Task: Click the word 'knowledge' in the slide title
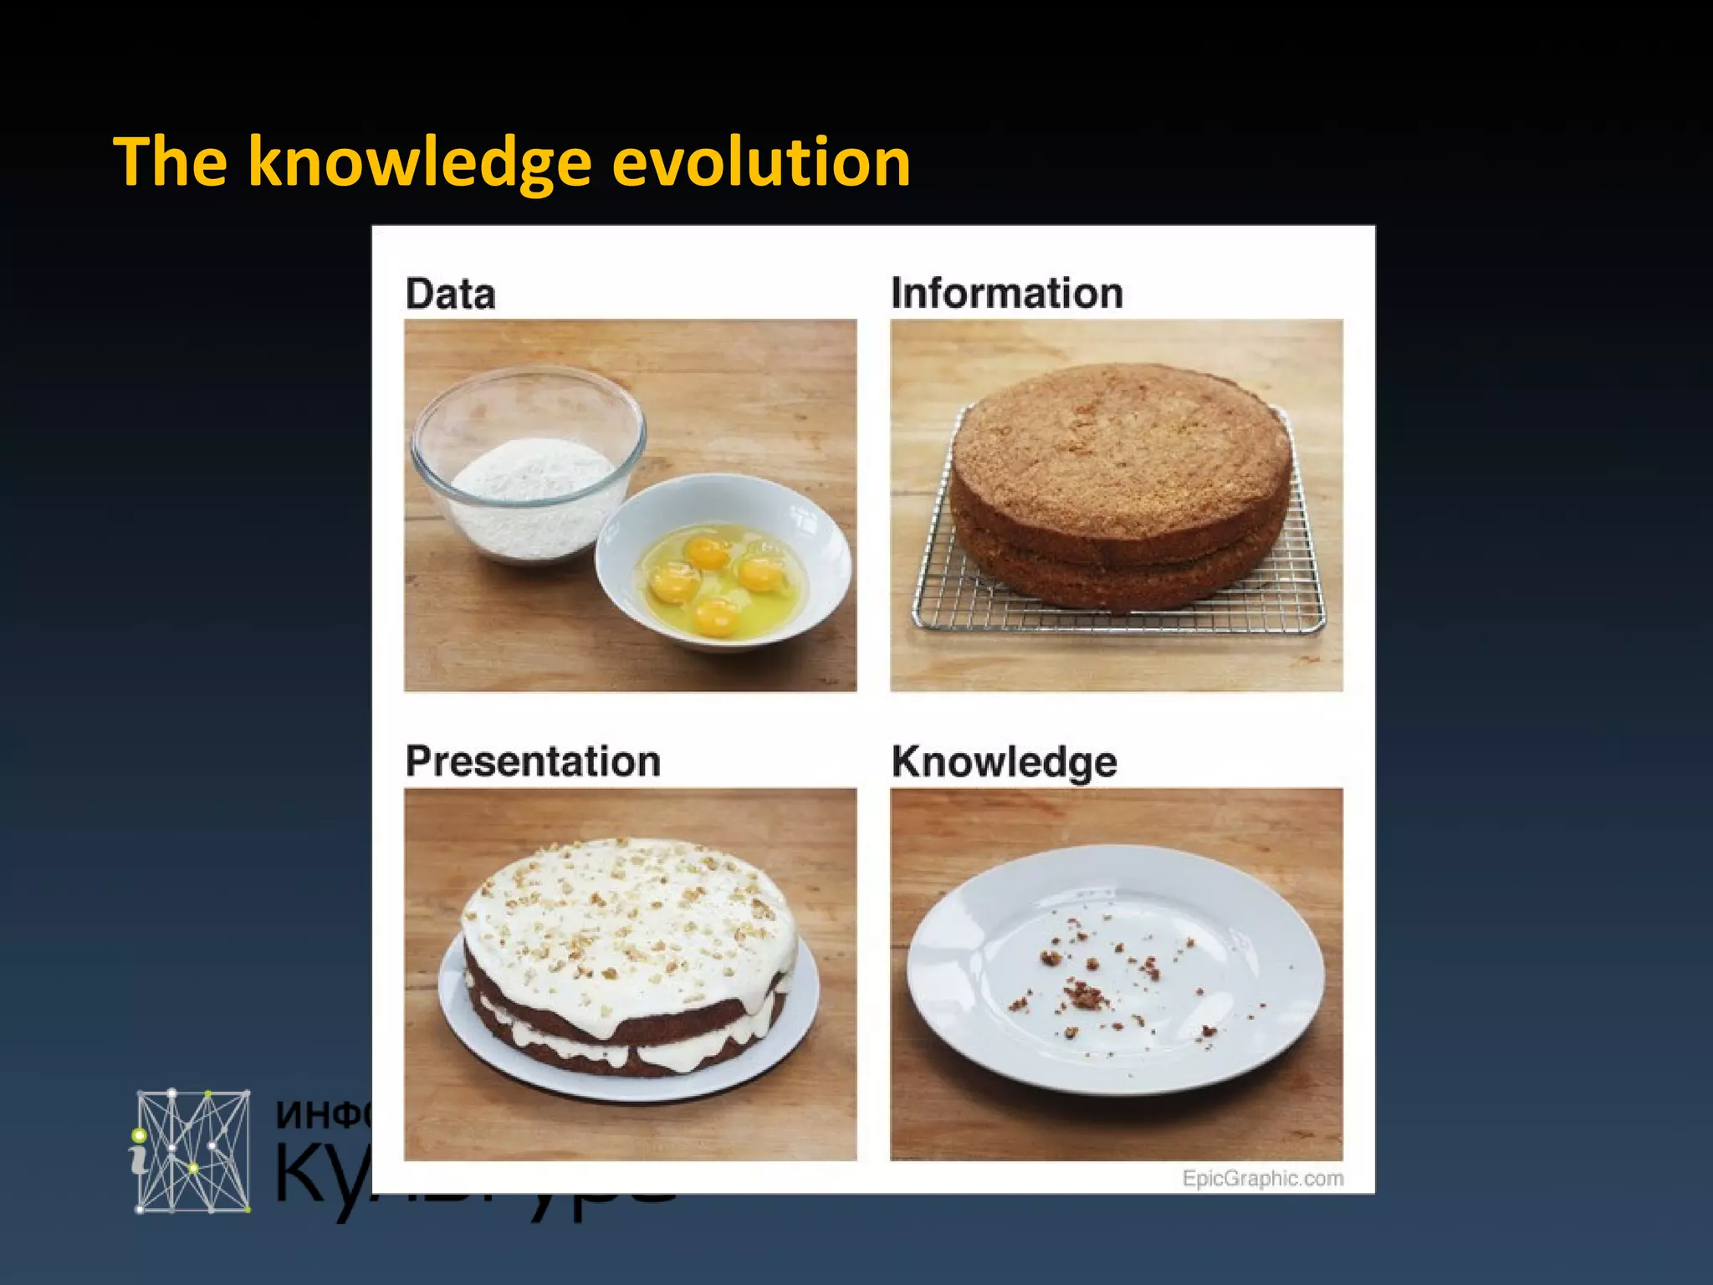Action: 420,163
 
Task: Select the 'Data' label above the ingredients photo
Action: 450,294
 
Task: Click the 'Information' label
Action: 1006,294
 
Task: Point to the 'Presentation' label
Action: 533,762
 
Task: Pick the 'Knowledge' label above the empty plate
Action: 1004,762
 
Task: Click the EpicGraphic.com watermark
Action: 1262,1178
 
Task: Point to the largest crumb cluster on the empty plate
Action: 1085,996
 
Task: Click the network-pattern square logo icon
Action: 193,1150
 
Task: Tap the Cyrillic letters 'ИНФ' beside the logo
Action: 322,1115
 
